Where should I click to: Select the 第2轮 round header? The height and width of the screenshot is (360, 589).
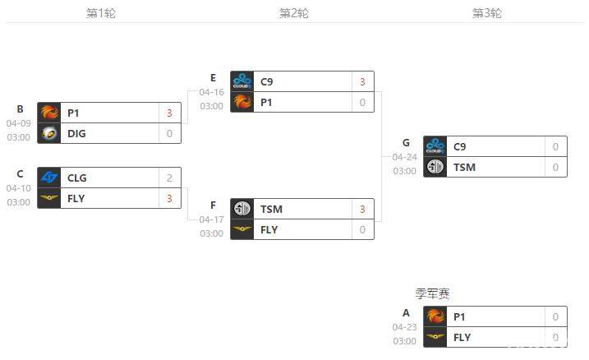click(293, 13)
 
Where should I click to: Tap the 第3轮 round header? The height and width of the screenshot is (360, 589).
click(486, 13)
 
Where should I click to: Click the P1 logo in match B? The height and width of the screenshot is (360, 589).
click(49, 113)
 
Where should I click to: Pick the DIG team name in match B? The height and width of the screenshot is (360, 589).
click(76, 133)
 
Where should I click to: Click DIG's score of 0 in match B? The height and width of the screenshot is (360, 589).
click(169, 133)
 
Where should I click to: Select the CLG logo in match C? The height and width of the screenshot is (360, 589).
click(49, 178)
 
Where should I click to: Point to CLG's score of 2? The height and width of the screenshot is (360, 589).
click(169, 178)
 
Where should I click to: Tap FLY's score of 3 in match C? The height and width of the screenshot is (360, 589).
click(169, 198)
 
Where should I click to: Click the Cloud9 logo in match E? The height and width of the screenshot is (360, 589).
click(242, 81)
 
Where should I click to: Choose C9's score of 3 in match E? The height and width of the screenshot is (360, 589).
click(362, 81)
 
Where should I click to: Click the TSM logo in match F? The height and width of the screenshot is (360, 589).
click(242, 209)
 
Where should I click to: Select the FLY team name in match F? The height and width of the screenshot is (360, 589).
click(269, 229)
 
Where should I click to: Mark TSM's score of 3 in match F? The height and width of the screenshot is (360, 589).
click(362, 209)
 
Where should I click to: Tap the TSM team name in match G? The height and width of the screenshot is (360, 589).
click(464, 167)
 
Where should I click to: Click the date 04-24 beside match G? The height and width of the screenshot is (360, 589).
click(404, 157)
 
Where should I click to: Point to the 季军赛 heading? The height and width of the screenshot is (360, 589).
click(432, 293)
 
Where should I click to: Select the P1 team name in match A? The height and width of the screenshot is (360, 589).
click(459, 316)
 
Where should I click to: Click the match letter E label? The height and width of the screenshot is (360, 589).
click(213, 78)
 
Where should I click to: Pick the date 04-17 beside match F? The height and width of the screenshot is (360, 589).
click(211, 219)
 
